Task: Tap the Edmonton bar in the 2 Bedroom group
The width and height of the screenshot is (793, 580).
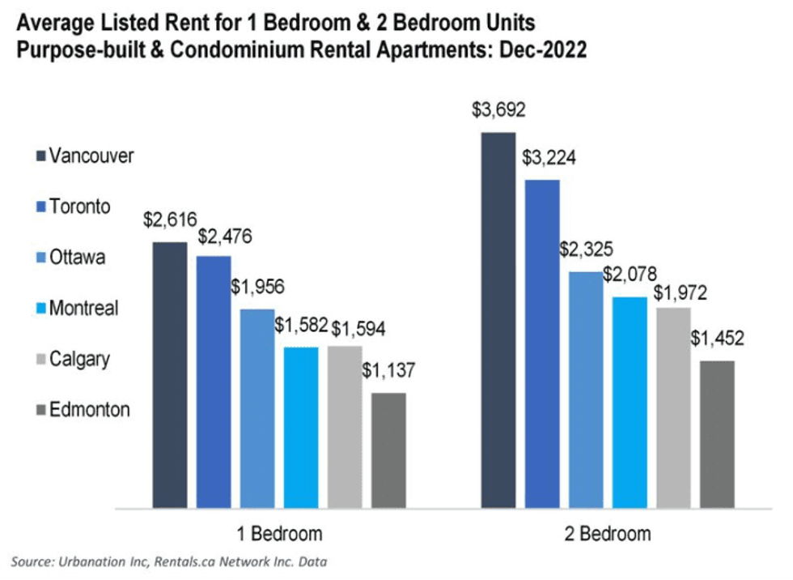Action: click(x=717, y=434)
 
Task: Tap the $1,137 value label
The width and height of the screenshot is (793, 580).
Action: click(x=388, y=372)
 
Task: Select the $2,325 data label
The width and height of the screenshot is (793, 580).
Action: click(x=586, y=249)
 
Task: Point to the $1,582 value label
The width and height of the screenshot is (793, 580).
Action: click(x=301, y=326)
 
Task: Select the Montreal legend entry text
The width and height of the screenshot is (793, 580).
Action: click(x=83, y=308)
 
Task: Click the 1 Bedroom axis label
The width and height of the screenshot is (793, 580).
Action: click(x=279, y=534)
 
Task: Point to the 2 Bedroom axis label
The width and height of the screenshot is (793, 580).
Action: click(x=608, y=534)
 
